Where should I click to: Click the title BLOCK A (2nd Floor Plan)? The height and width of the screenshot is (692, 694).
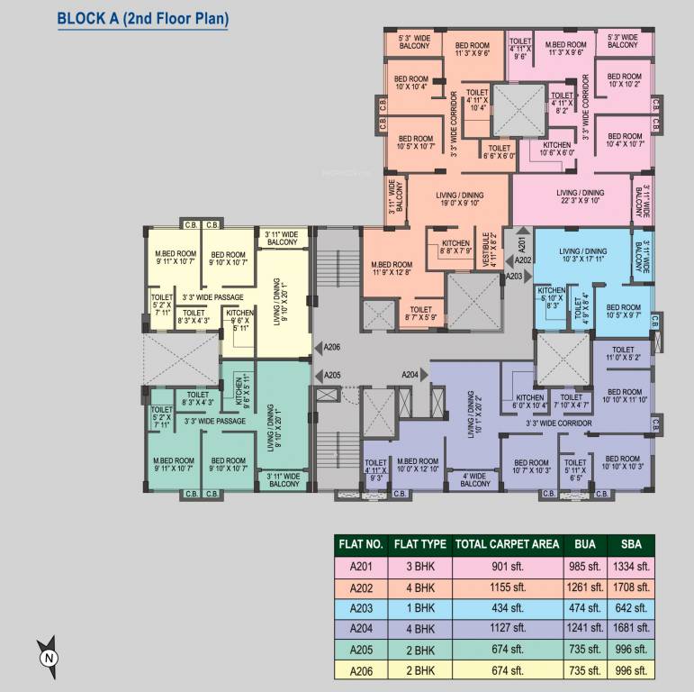(142, 18)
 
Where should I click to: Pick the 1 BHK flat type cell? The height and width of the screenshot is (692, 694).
(421, 607)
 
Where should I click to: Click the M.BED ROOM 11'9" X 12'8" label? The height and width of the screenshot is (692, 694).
(392, 270)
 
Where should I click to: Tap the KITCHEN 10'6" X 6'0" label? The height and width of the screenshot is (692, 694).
(557, 149)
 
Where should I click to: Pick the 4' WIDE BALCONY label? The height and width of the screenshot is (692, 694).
(474, 480)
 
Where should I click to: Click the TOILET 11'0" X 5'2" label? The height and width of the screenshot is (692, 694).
(623, 353)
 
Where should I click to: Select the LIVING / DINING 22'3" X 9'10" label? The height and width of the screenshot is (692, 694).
(580, 197)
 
